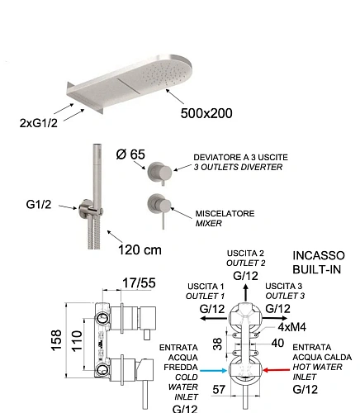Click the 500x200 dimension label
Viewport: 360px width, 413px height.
[x=206, y=113]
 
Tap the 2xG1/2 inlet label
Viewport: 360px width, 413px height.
[x=39, y=123]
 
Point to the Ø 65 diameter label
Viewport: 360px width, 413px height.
[x=130, y=154]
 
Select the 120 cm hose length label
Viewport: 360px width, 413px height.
[x=140, y=250]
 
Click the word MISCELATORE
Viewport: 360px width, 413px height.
[x=225, y=213]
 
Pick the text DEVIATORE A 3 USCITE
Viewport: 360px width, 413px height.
[x=240, y=158]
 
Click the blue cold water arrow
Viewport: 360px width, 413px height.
[x=214, y=371]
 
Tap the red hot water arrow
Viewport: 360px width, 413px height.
[x=277, y=370]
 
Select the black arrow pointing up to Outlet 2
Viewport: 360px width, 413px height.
[x=246, y=292]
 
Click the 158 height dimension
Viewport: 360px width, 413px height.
[x=56, y=340]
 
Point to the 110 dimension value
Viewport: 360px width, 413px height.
[x=77, y=340]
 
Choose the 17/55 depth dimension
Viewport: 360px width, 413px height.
[x=139, y=282]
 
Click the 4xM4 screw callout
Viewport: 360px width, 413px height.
[x=292, y=327]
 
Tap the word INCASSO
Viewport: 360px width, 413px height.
[x=319, y=255]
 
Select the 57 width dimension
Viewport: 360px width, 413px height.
[x=219, y=390]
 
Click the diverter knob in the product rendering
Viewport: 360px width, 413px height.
[x=159, y=172]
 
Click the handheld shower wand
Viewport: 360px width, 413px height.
[x=97, y=176]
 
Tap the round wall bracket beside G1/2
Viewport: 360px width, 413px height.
[x=85, y=210]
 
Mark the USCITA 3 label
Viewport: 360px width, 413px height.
[x=283, y=286]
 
